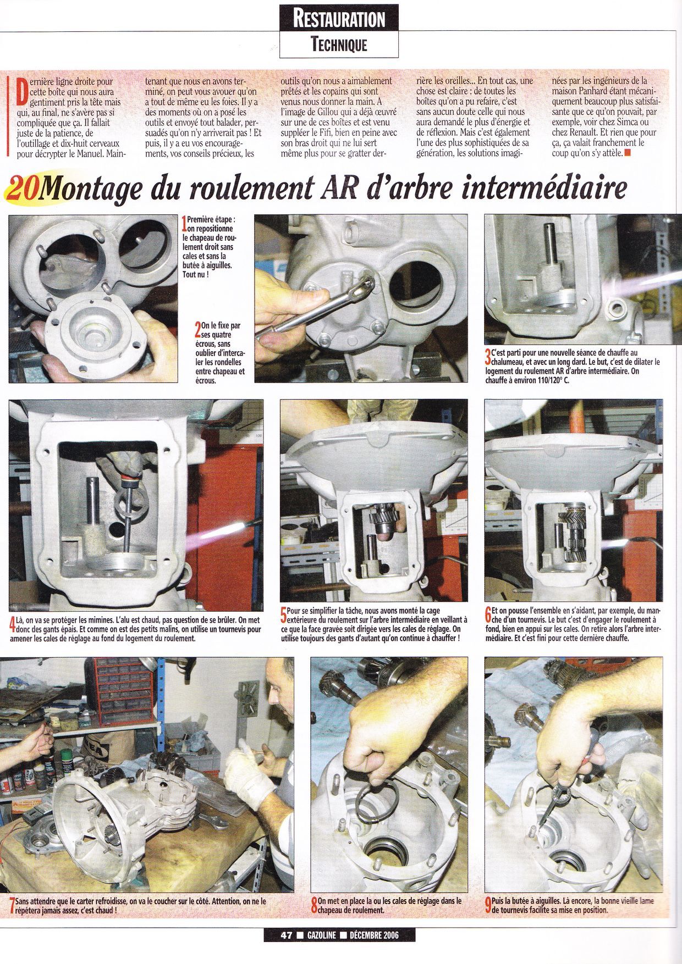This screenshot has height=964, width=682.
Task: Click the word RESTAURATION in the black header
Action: tap(339, 19)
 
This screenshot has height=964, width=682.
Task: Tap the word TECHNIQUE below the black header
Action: tap(339, 44)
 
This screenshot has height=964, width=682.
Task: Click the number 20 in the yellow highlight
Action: tap(24, 189)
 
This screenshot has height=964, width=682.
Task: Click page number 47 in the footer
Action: tap(285, 934)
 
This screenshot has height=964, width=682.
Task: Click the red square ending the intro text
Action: tap(628, 153)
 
